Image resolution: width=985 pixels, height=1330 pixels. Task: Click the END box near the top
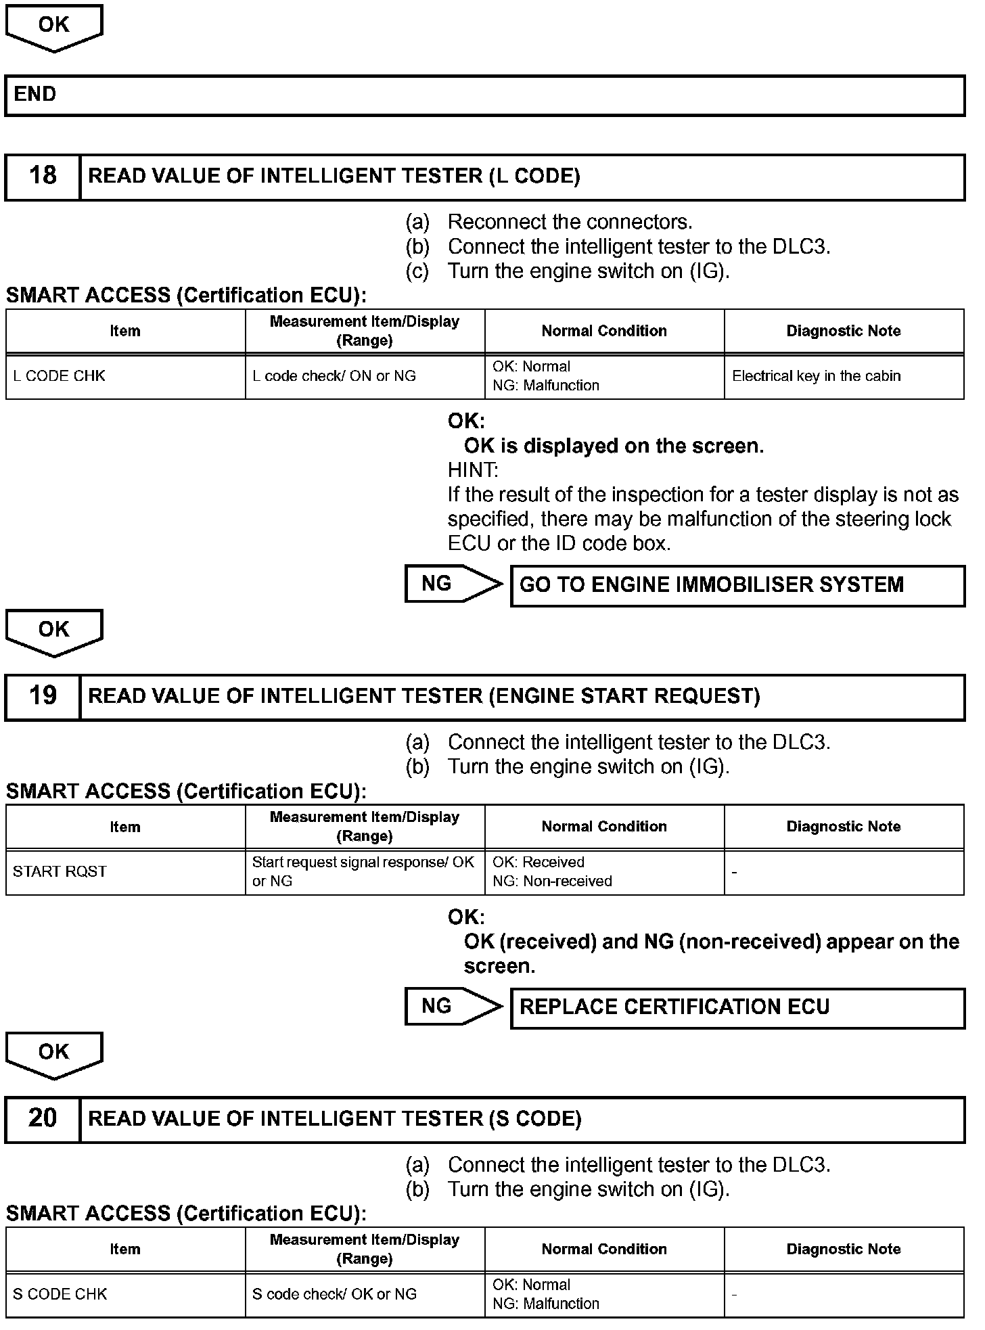[x=484, y=95]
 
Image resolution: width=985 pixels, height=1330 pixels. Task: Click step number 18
[x=43, y=177]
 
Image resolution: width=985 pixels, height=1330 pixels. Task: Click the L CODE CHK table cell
[x=125, y=376]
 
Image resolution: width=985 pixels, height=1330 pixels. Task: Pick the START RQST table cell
[x=125, y=872]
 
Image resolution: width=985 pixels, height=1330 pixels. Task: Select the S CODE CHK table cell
[x=125, y=1294]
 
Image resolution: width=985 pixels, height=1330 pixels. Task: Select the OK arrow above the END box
[x=54, y=27]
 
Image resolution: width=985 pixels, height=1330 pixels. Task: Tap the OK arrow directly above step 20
[x=54, y=1054]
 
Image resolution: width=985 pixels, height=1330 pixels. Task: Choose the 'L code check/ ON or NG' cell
[x=365, y=376]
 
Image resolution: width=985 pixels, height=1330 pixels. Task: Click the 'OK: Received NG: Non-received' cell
[x=604, y=872]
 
